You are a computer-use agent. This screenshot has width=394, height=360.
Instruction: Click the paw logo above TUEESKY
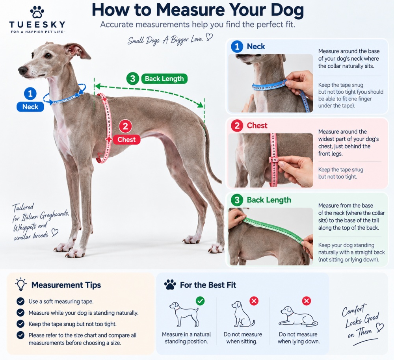[x=37, y=12]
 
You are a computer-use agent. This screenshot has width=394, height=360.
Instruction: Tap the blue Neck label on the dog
[x=30, y=107]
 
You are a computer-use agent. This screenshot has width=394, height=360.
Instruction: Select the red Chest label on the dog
[x=126, y=139]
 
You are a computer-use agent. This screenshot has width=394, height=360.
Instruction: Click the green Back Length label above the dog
[x=164, y=79]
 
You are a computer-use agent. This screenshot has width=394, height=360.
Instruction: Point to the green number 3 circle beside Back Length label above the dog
[x=133, y=79]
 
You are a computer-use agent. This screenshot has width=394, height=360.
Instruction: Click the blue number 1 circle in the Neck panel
[x=237, y=46]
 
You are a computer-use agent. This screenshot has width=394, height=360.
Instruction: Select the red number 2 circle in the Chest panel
[x=237, y=125]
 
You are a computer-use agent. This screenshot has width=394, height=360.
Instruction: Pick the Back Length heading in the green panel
[x=269, y=200]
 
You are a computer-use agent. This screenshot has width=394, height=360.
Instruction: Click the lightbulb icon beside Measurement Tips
[x=20, y=284]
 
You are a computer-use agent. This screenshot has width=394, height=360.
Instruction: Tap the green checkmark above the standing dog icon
[x=200, y=301]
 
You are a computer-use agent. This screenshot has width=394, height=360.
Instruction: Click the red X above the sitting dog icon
[x=254, y=301]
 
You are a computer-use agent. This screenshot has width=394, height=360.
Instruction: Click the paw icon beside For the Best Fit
[x=170, y=285]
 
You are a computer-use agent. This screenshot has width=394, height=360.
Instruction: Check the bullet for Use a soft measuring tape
[x=20, y=301]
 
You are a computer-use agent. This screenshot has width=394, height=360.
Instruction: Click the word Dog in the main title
[x=285, y=10]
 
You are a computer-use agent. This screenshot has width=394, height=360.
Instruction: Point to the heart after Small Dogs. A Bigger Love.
[x=209, y=37]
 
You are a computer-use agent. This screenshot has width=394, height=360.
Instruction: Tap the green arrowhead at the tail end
[x=201, y=104]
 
